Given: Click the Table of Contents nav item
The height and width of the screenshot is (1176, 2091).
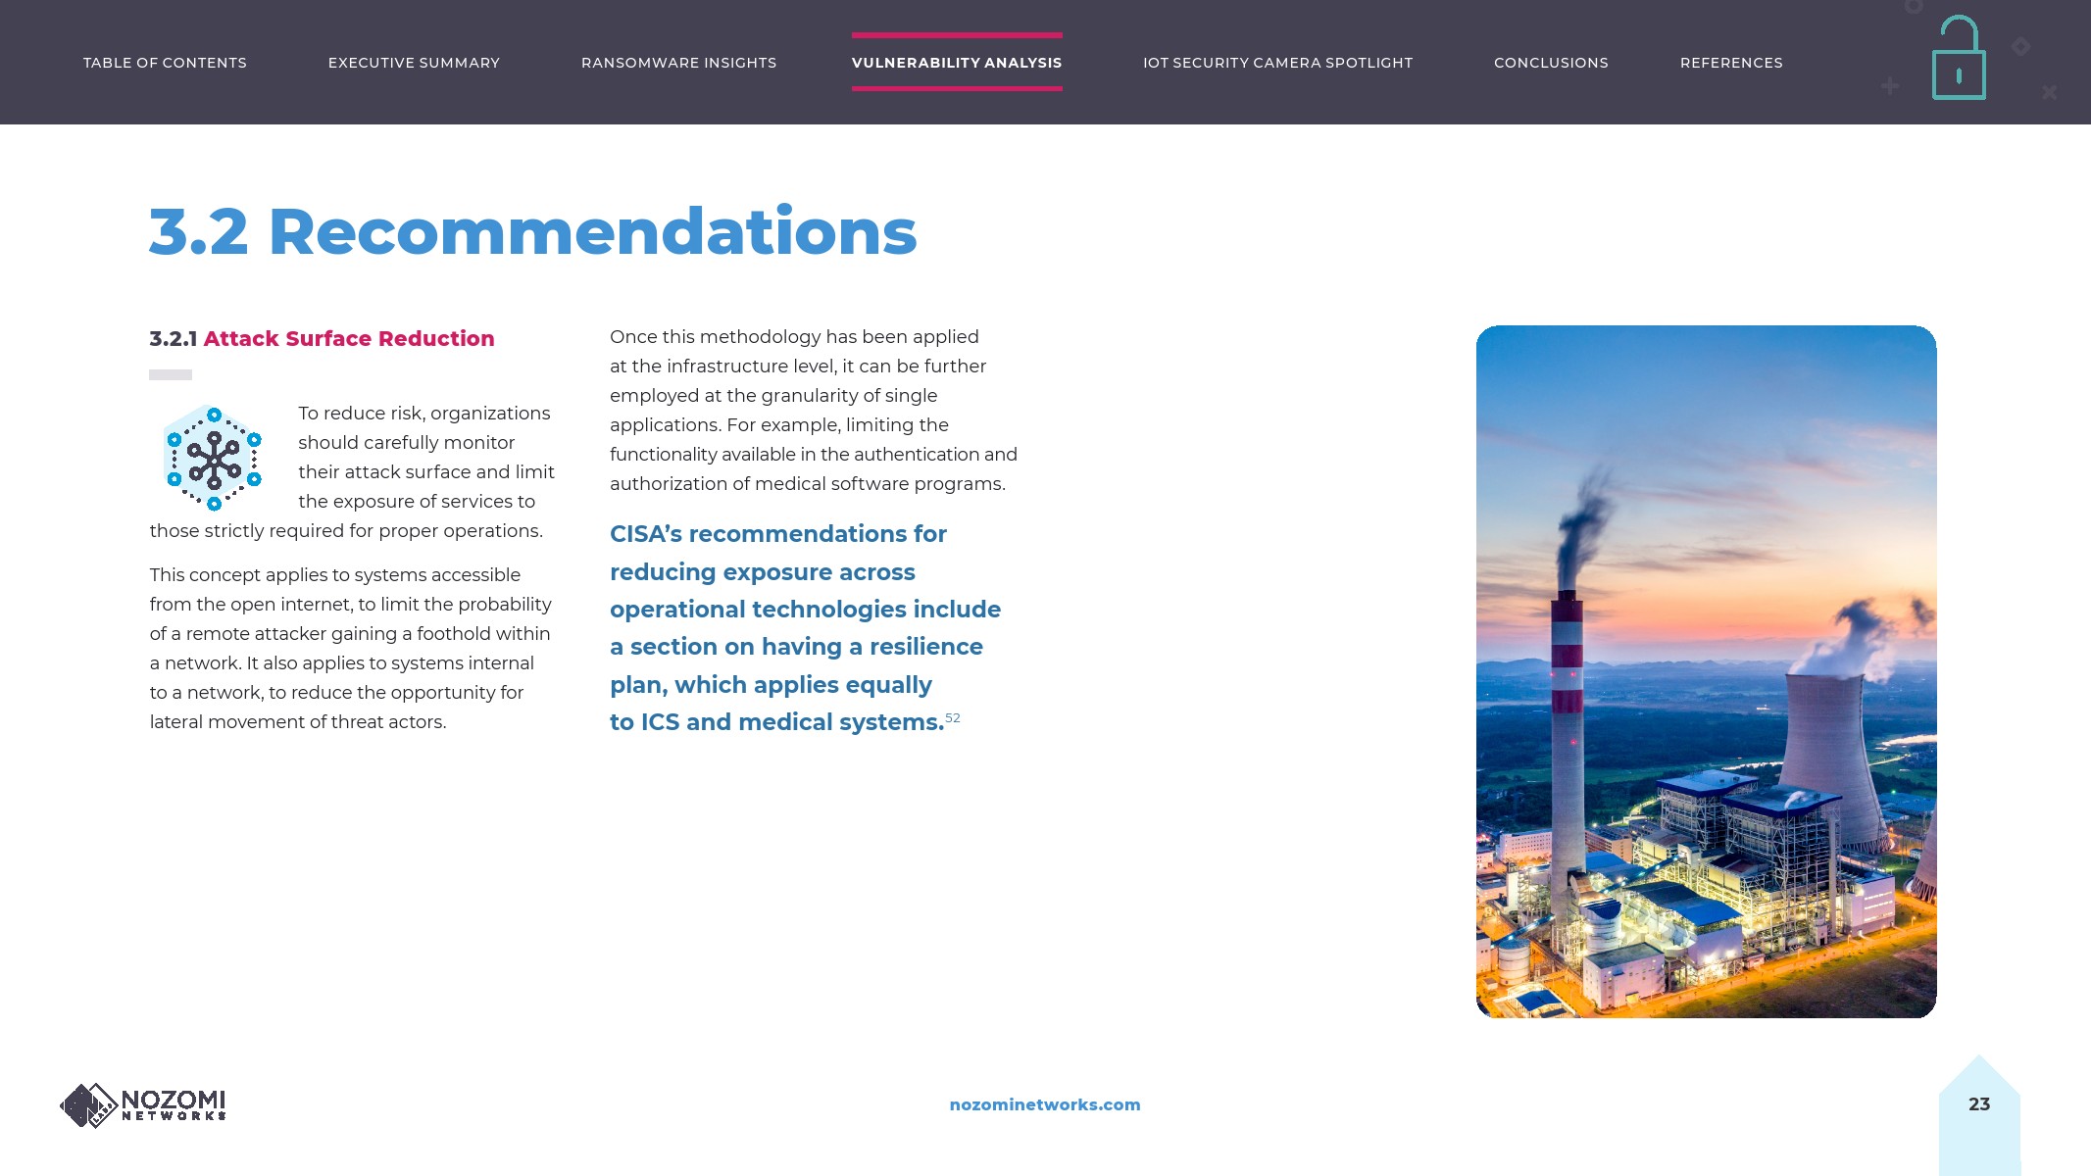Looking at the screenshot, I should point(165,63).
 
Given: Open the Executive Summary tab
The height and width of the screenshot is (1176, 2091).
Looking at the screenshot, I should point(414,63).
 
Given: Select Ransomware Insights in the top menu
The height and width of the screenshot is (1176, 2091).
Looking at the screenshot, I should point(678,63).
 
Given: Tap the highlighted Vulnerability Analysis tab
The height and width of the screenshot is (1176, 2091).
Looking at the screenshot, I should point(956,63).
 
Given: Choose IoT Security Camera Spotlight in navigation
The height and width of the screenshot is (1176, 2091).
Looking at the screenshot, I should point(1277,63).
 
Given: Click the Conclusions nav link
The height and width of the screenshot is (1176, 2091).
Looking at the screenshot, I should point(1551,63).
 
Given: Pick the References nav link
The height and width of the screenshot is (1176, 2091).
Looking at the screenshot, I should point(1731,63).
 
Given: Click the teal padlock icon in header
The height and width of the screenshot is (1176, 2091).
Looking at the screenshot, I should point(1959,61).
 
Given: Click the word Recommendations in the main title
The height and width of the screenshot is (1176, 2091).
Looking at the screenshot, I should point(592,232).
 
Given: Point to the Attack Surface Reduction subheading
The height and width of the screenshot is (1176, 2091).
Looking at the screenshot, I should point(348,339).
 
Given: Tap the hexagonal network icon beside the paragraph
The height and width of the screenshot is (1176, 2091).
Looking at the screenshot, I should point(214,458).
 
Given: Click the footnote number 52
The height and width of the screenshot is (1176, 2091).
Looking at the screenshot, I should point(953,718).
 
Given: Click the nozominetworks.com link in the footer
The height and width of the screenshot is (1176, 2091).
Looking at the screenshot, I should point(1044,1104).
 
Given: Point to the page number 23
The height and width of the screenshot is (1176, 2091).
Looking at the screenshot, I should point(1978,1104).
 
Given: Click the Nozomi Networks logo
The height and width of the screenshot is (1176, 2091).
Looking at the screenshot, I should point(143,1105).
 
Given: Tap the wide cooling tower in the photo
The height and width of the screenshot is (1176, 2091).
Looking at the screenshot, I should point(1825,745).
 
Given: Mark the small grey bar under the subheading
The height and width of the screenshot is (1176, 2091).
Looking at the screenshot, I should point(171,374).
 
